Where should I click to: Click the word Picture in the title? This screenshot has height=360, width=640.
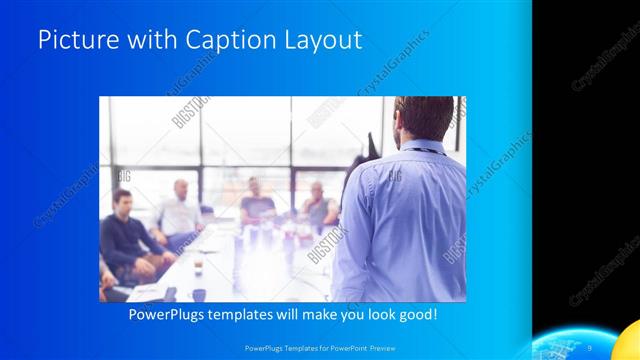[72, 40]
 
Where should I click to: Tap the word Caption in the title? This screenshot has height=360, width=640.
[220, 40]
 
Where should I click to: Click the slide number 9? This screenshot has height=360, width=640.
[590, 347]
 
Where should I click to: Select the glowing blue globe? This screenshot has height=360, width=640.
[575, 345]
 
